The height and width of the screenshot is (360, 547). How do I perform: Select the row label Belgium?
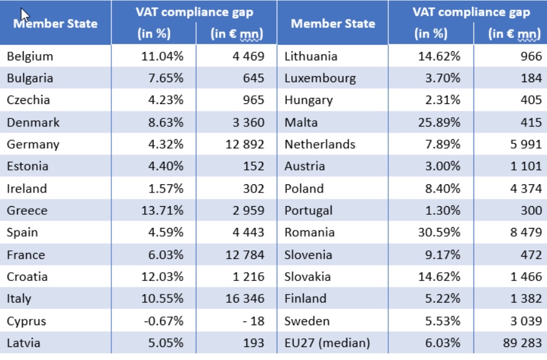[x=30, y=56]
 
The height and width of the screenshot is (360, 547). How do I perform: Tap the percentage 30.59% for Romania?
[x=439, y=233]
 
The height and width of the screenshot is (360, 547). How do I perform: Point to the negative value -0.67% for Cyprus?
[x=163, y=321]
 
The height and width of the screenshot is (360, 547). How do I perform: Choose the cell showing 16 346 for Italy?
[x=245, y=299]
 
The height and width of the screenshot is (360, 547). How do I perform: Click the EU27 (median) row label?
[x=327, y=343]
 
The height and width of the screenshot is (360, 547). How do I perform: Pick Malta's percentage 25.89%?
[x=439, y=122]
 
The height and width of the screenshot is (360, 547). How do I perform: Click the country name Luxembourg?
[x=320, y=78]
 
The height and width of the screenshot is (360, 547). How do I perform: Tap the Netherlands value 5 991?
[x=524, y=144]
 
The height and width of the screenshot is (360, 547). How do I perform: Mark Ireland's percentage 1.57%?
[x=165, y=189]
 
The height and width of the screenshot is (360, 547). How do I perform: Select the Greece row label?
[x=27, y=211]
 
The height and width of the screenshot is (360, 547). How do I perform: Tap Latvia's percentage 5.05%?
[x=165, y=343]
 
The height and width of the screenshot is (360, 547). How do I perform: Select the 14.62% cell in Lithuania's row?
[x=439, y=56]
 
